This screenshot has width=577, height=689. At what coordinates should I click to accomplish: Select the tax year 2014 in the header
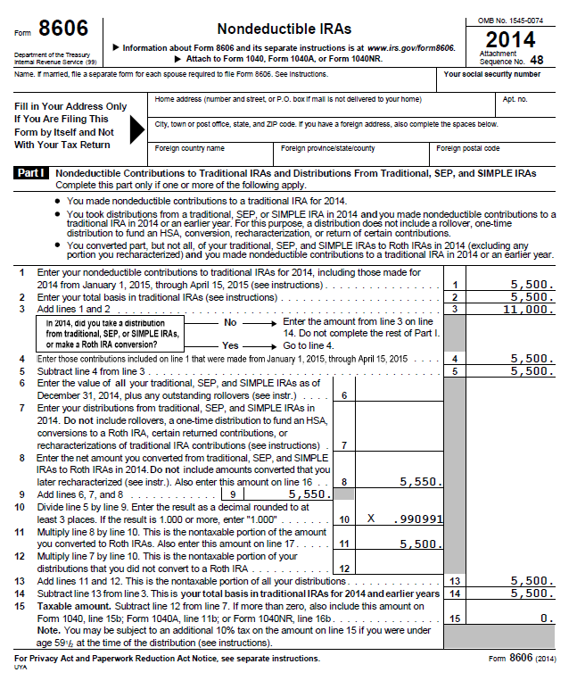tap(510, 39)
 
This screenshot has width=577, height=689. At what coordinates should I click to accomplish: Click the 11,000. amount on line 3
tap(528, 309)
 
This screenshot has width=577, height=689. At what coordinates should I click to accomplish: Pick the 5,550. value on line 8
tap(418, 481)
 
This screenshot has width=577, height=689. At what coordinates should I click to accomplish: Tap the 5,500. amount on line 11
tap(418, 543)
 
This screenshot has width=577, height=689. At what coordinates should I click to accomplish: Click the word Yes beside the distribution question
tap(230, 344)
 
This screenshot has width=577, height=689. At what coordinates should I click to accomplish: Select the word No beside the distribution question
tap(230, 321)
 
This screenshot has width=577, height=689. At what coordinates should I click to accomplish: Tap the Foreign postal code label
tap(468, 148)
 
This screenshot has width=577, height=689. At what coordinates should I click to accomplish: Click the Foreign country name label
tap(190, 148)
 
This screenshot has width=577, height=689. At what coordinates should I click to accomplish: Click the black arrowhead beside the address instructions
tap(137, 129)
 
